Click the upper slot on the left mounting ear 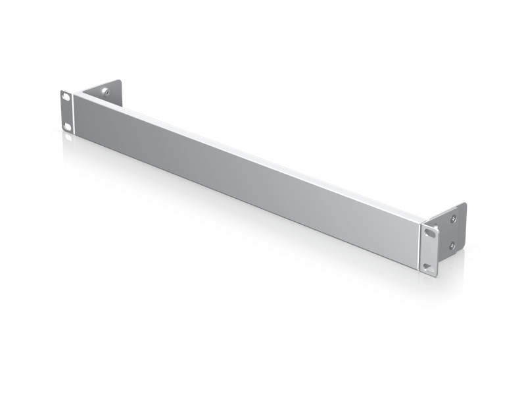point(67,96)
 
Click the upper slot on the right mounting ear point(430,232)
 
